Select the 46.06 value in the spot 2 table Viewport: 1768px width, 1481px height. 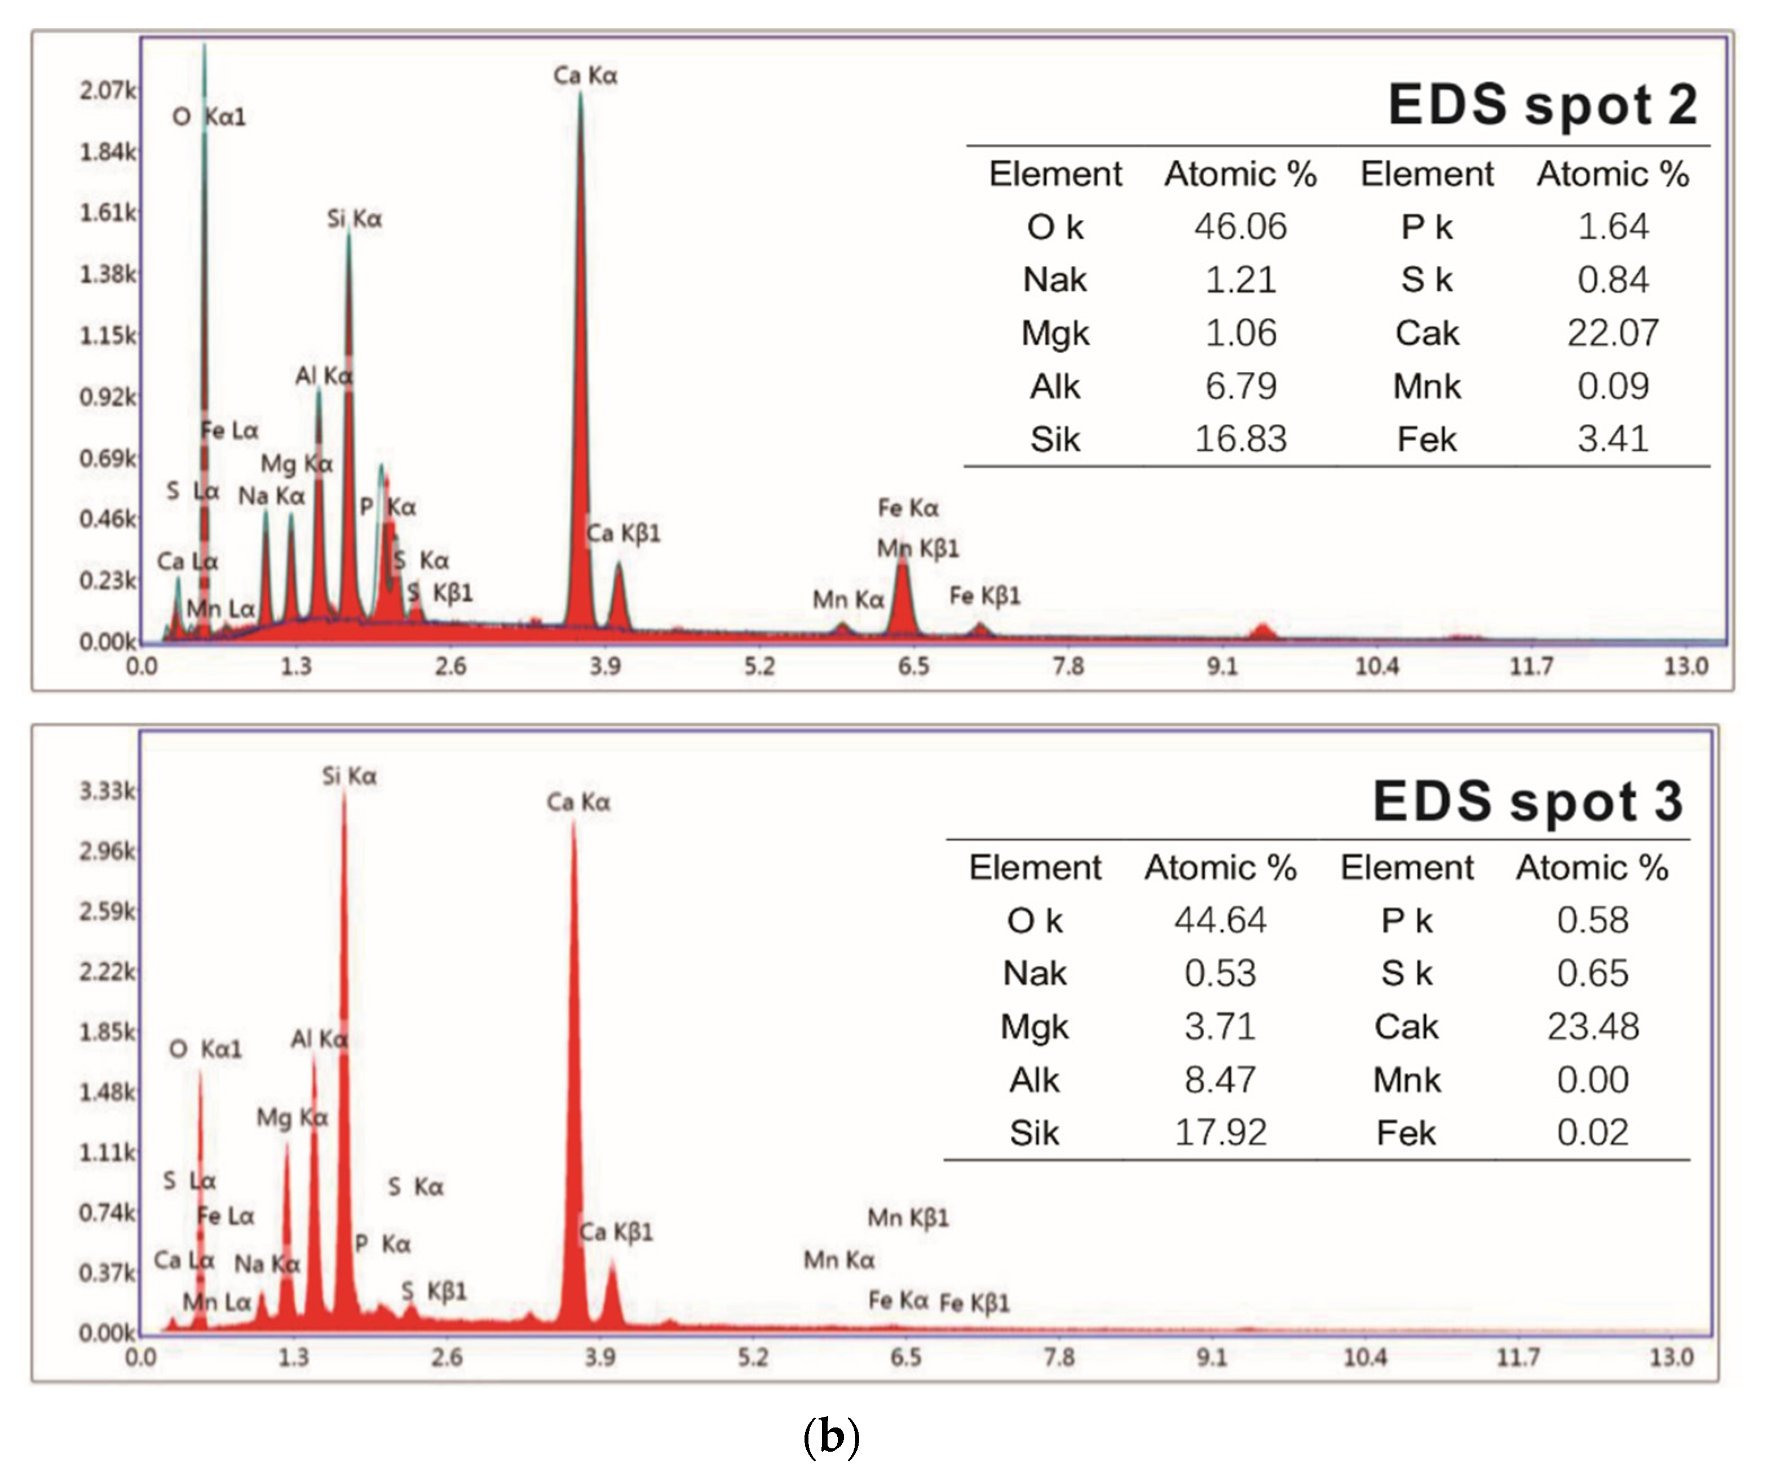1240,227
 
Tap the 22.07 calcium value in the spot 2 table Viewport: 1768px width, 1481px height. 1612,332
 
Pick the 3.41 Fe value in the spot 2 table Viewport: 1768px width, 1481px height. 1612,438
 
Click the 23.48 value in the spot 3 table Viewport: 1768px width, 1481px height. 1593,1027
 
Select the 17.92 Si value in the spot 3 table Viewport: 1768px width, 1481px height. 1220,1133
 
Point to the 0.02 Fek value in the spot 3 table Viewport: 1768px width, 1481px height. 1592,1133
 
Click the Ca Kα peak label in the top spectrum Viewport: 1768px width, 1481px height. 585,76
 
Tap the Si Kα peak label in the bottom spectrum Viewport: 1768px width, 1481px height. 350,776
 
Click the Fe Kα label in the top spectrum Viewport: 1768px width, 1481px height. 908,508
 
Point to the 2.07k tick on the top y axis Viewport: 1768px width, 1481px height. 107,90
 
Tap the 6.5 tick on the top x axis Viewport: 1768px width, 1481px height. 913,667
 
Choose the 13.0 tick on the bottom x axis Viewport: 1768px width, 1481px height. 1670,1358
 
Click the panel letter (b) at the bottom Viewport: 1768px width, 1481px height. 831,1436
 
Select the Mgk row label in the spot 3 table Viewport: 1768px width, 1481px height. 1034,1027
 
